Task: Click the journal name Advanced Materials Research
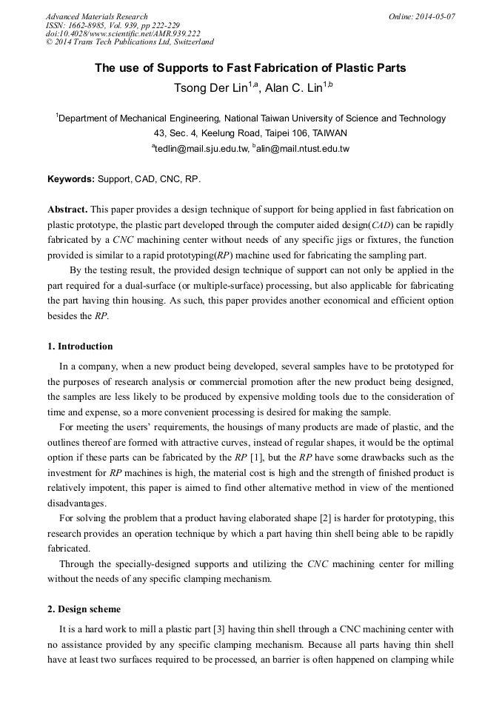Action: pos(97,16)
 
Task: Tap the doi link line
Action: pos(123,34)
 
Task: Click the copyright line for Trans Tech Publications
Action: pos(130,43)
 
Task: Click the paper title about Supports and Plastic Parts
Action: pos(250,68)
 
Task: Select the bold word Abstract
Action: pos(67,210)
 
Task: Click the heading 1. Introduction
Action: pos(80,346)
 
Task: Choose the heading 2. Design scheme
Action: pos(84,609)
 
